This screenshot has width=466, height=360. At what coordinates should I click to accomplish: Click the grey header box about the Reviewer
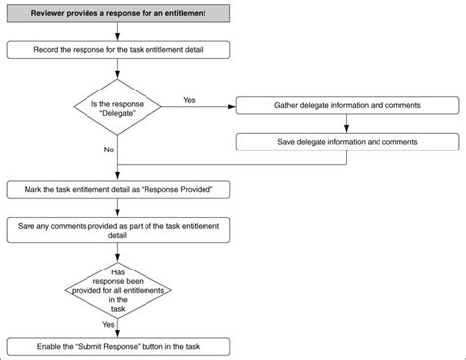[119, 13]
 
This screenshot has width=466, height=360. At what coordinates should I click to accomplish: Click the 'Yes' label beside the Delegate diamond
[190, 98]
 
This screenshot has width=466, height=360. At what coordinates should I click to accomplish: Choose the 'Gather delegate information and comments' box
[344, 105]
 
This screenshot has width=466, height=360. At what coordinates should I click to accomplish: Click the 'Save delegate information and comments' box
[344, 142]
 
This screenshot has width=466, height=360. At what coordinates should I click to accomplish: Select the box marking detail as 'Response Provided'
[119, 187]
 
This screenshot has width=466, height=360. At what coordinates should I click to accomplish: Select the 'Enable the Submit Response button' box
[119, 346]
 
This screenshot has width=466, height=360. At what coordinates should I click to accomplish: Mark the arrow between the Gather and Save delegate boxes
[345, 123]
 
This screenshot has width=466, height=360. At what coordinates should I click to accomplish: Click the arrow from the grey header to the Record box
[118, 30]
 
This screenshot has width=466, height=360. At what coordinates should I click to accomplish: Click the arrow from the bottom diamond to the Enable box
[118, 329]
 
